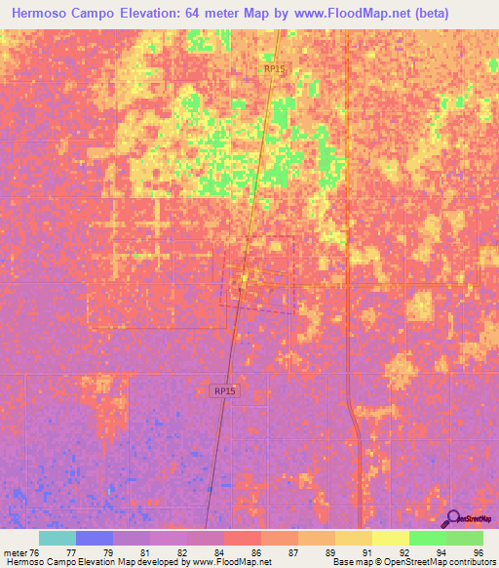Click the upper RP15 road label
click(274, 69)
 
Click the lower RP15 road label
click(225, 390)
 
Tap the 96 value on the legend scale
click(478, 552)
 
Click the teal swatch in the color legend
click(57, 538)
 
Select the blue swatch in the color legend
click(94, 538)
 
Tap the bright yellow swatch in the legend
click(390, 538)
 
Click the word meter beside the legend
click(17, 552)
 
